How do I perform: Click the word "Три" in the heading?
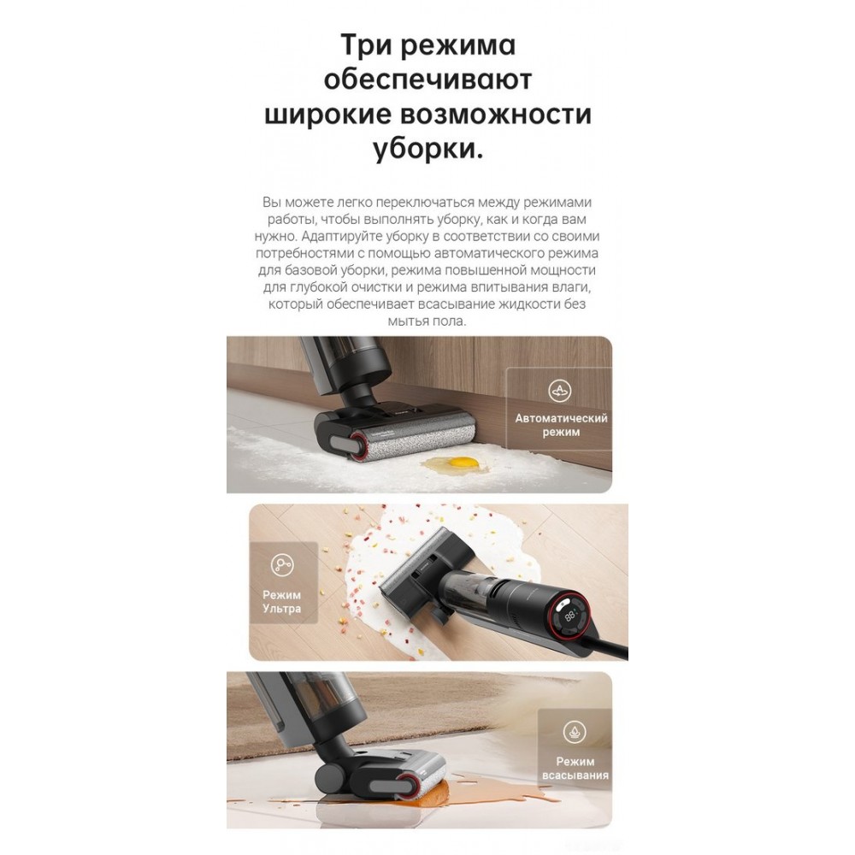pos(367,44)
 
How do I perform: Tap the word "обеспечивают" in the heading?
pos(427,80)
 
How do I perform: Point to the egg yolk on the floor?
pos(463,463)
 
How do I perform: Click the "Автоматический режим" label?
pos(561,425)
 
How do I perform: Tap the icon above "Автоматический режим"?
pos(559,391)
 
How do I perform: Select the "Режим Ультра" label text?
pos(282,601)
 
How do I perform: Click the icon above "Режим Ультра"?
pos(282,565)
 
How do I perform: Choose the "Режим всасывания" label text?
pos(575,769)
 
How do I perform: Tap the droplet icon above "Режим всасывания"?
pos(575,732)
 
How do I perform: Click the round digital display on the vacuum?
pos(570,616)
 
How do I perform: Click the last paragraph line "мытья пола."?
pos(427,321)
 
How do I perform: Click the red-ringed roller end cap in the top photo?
pos(360,443)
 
